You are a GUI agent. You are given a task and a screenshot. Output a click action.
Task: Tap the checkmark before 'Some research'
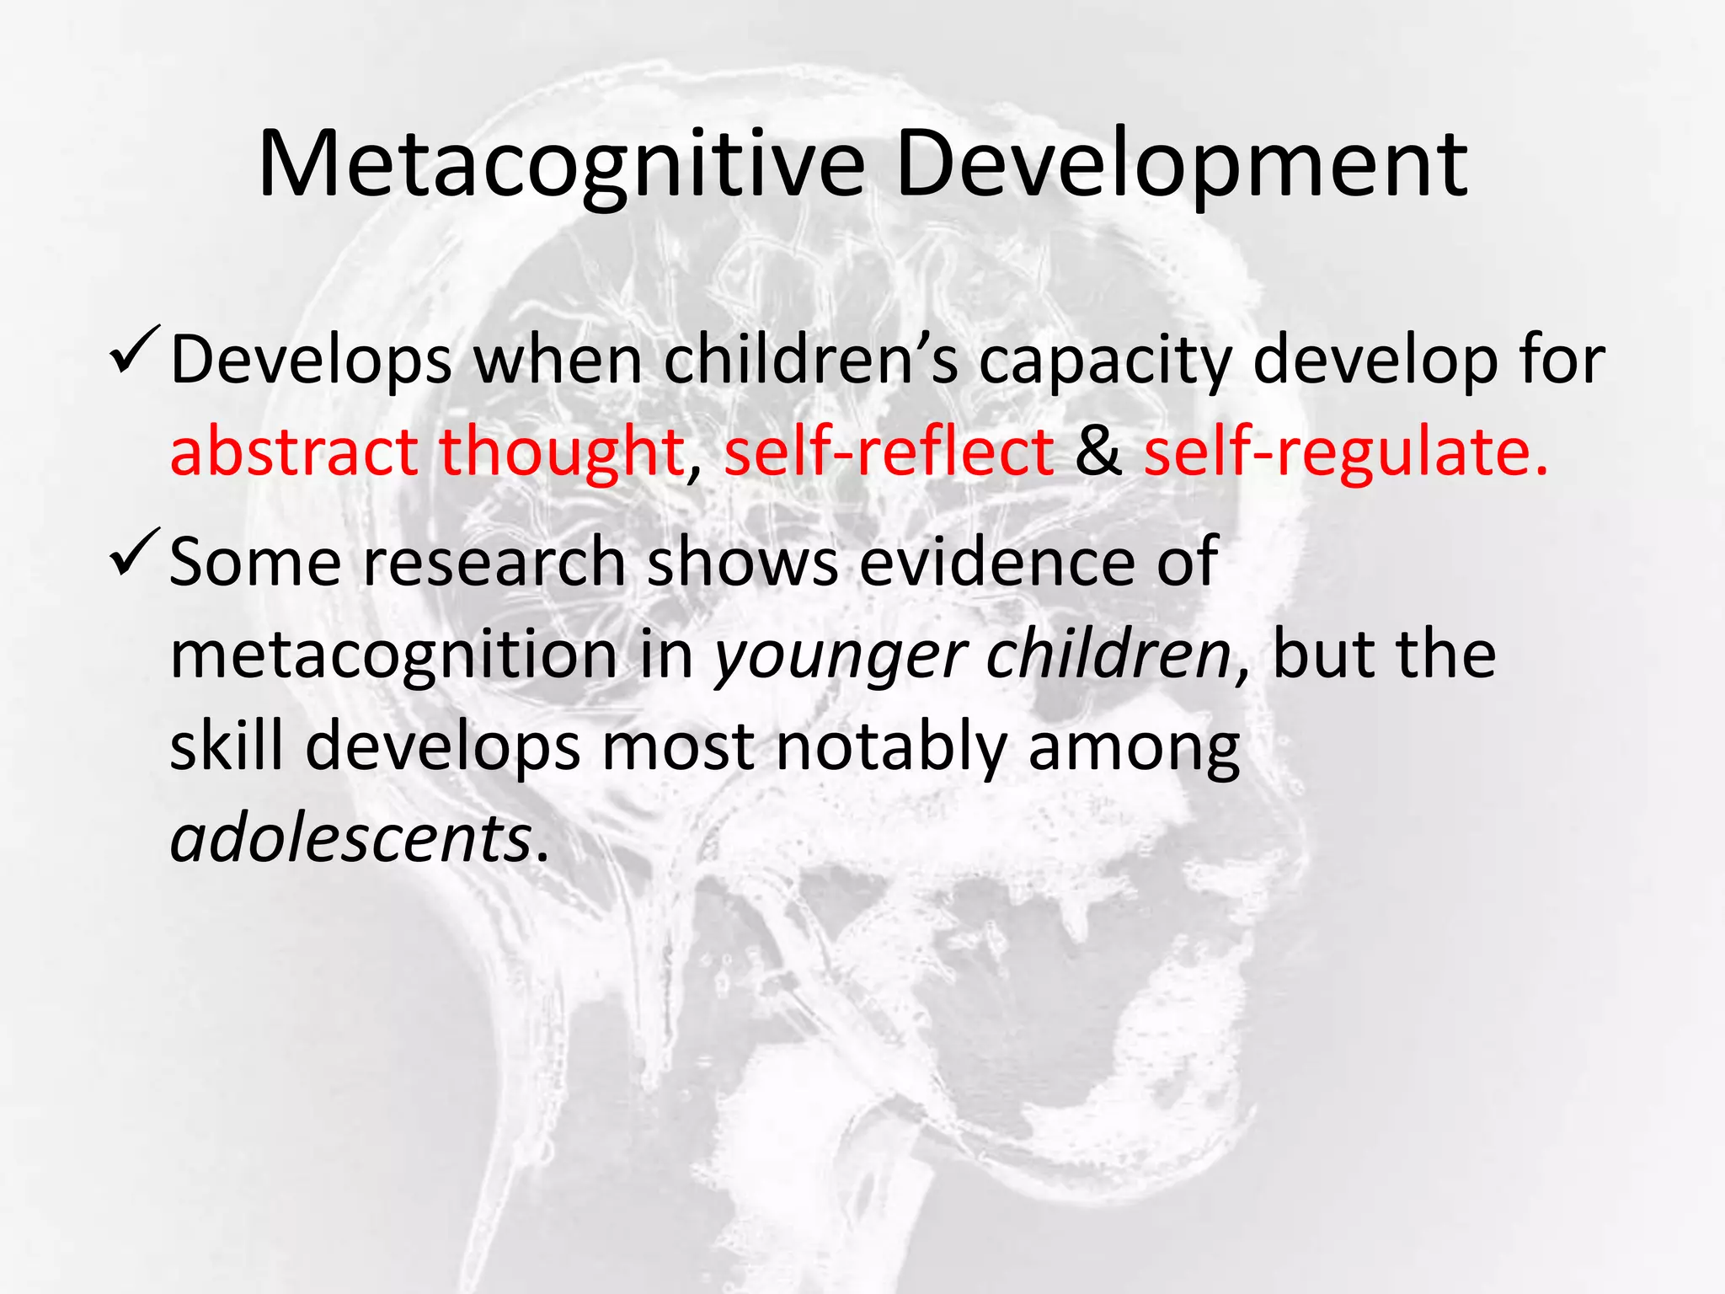click(x=133, y=553)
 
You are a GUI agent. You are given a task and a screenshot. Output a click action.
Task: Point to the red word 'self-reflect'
click(x=889, y=452)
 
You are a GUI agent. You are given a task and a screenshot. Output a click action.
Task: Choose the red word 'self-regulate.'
click(x=1345, y=453)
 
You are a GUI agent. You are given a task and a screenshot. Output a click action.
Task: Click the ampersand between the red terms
click(x=1098, y=452)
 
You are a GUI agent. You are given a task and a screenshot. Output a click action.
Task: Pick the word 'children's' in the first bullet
click(x=810, y=361)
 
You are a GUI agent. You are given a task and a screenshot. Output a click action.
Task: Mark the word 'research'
click(x=494, y=563)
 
